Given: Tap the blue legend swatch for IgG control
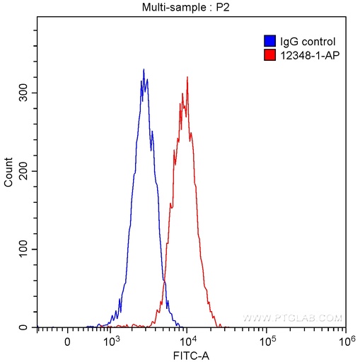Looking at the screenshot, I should (x=269, y=42).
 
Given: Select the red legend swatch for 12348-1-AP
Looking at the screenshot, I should (x=269, y=54).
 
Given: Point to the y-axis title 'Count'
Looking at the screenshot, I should (x=8, y=173).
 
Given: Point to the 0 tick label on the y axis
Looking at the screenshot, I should (x=28, y=328).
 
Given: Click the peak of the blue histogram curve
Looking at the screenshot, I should (x=144, y=69).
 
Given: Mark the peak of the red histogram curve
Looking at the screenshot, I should (x=187, y=77).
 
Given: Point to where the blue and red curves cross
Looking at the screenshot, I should (x=164, y=282).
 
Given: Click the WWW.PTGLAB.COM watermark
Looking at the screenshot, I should (x=291, y=318).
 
